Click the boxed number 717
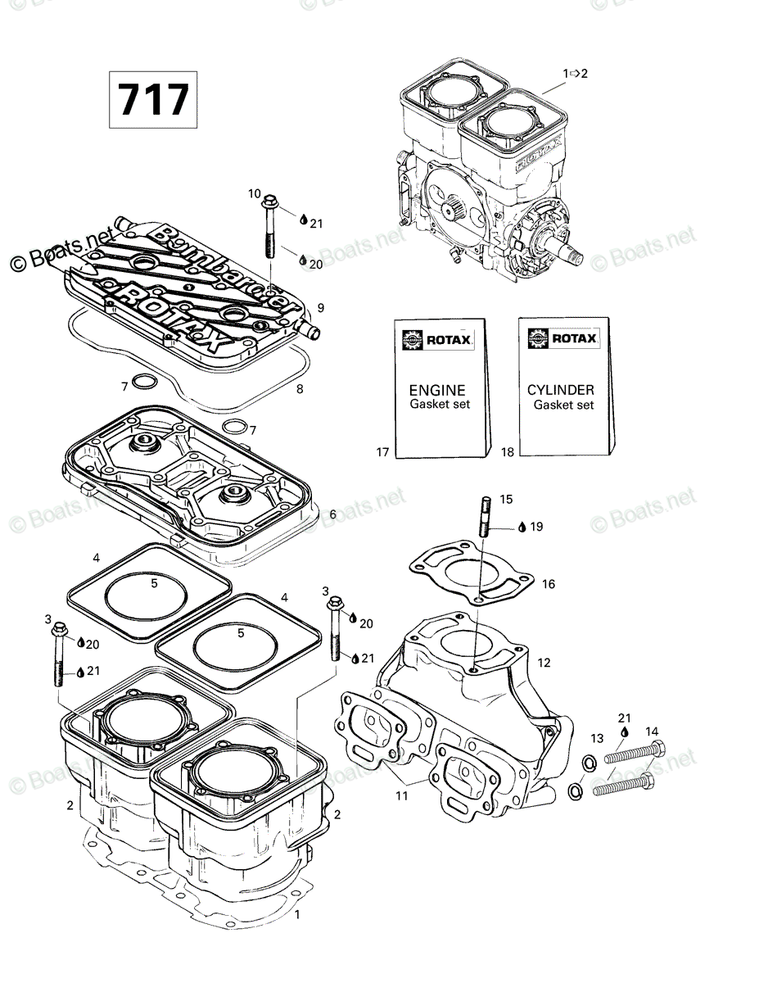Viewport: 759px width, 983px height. click(153, 99)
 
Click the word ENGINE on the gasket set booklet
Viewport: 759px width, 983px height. click(436, 390)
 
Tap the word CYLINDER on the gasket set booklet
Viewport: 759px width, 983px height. click(561, 389)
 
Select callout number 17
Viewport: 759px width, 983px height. click(382, 452)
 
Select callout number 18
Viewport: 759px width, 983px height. click(508, 452)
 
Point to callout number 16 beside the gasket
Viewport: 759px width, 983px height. click(549, 584)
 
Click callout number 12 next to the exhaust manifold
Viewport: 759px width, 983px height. click(544, 662)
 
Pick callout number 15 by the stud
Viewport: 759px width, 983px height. click(506, 499)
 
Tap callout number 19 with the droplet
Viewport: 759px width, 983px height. click(536, 527)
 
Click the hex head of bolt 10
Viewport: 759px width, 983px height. click(270, 200)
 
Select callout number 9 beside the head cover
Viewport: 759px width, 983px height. click(320, 308)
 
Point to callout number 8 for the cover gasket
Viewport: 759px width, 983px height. click(300, 388)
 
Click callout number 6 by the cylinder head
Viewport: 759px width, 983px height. click(332, 514)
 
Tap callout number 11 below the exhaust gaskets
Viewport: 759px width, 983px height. click(401, 795)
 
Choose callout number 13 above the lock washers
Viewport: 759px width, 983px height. click(597, 738)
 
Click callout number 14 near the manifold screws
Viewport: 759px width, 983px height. click(652, 732)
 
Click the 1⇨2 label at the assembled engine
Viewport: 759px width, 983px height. click(575, 73)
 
